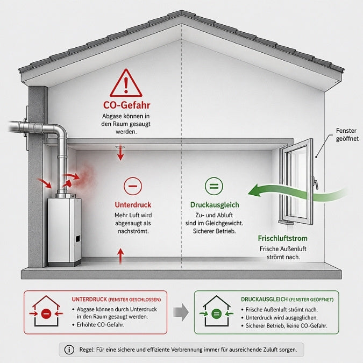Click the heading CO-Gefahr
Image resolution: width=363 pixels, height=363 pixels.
point(126,105)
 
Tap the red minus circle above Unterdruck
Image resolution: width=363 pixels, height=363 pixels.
point(133,186)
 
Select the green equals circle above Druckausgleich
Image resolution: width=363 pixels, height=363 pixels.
point(214,186)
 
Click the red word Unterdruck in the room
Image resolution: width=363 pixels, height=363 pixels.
point(133,205)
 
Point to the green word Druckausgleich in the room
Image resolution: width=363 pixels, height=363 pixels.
point(215,205)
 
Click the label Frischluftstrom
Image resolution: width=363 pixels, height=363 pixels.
point(283,238)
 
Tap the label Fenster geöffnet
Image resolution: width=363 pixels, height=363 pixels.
point(347,134)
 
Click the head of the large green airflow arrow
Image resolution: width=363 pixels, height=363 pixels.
point(254,191)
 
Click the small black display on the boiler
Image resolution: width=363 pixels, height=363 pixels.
point(78,238)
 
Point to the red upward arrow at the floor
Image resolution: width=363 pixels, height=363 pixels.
point(120,257)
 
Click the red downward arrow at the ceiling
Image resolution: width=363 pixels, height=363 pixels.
point(120,153)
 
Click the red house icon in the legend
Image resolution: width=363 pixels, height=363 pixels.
point(46,311)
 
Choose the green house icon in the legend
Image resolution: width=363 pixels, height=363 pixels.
point(217,311)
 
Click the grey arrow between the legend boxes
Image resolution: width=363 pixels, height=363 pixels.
point(181,312)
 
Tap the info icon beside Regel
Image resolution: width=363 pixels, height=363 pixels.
point(69,350)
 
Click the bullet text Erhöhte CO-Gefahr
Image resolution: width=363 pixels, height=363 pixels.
point(101,325)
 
